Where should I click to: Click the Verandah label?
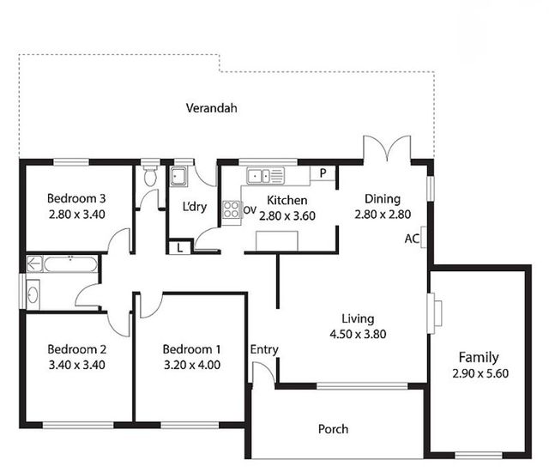(212, 108)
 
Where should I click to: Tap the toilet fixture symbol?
(151, 175)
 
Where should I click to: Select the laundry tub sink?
(179, 176)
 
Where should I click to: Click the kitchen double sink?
(265, 175)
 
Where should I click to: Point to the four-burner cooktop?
(232, 209)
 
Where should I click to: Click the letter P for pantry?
(323, 173)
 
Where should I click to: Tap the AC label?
(412, 239)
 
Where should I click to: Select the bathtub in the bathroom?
(70, 264)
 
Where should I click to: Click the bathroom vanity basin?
(33, 295)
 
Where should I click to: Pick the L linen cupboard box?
(180, 248)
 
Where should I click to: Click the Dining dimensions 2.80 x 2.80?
(383, 215)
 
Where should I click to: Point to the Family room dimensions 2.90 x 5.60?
(480, 373)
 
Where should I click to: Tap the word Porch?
(334, 429)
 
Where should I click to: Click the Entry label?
(264, 349)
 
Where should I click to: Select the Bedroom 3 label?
(76, 198)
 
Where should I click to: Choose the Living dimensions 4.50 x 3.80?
(358, 334)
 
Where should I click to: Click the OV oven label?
(250, 210)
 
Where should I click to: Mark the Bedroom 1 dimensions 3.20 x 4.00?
(192, 365)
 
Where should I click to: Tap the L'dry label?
(195, 207)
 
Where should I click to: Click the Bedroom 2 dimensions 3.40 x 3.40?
(77, 365)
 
